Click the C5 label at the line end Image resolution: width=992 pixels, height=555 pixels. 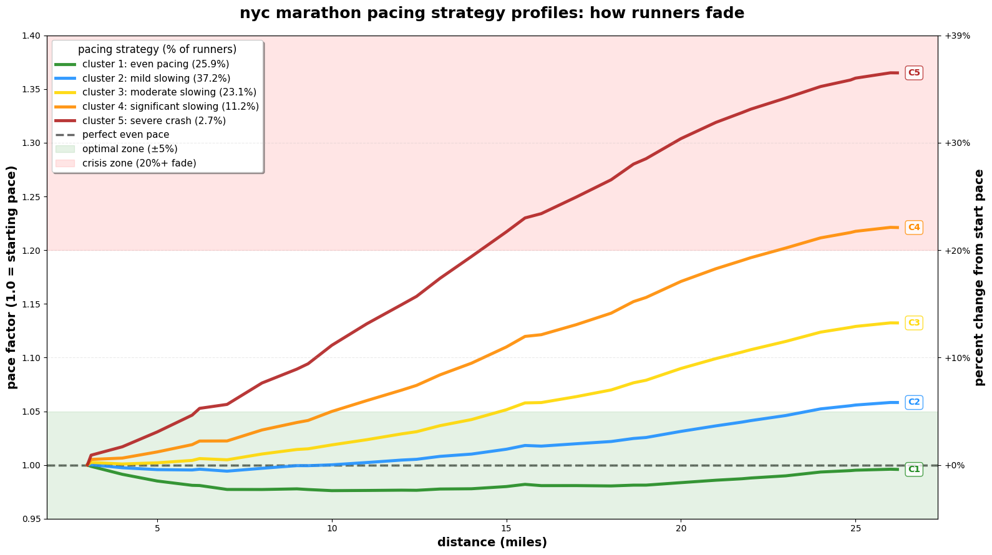click(914, 73)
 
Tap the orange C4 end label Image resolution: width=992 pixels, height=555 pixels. click(914, 228)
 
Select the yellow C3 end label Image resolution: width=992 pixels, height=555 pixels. click(914, 323)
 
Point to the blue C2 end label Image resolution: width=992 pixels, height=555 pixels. click(914, 402)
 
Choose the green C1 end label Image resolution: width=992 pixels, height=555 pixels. click(914, 470)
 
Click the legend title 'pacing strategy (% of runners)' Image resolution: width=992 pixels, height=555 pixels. click(157, 49)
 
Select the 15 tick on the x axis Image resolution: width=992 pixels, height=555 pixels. click(507, 528)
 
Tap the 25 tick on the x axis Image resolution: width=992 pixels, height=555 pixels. click(856, 528)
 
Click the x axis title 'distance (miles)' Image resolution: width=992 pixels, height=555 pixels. click(492, 543)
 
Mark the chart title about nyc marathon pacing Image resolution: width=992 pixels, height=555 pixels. click(492, 13)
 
